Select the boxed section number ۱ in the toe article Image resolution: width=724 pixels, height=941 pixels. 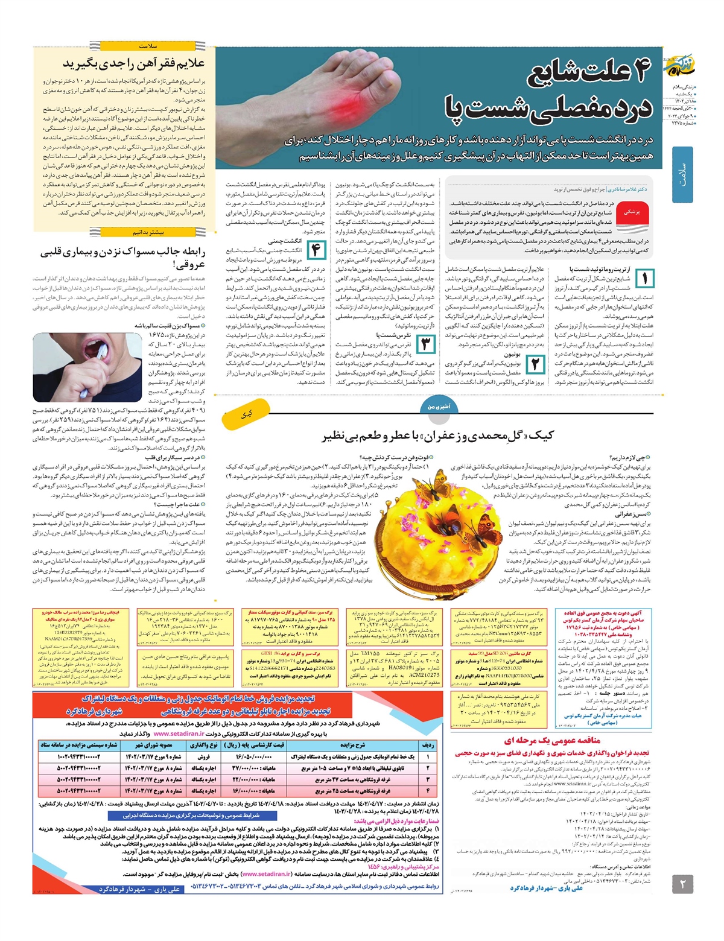coord(645,279)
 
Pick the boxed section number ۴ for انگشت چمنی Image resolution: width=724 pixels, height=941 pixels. coord(316,250)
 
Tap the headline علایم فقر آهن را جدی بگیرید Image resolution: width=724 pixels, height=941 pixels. coord(134,63)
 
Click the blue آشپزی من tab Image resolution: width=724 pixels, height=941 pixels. coord(439,407)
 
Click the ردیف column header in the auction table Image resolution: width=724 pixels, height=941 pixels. coord(427,744)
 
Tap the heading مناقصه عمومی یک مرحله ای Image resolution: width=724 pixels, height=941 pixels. coord(552,740)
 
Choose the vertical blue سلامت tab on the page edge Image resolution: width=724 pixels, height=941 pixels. coord(682,174)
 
